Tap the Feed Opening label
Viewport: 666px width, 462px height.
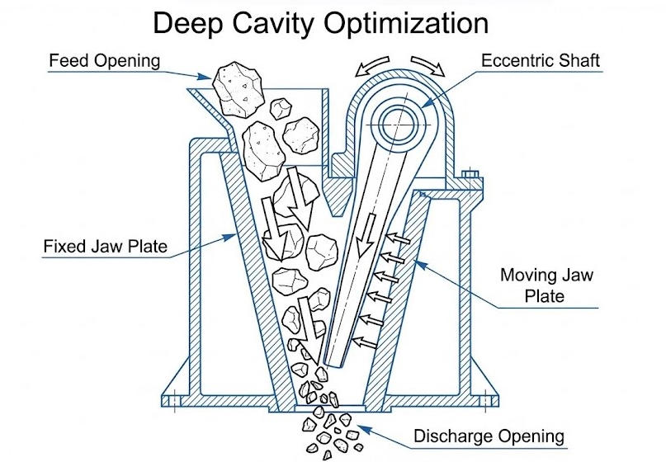(104, 63)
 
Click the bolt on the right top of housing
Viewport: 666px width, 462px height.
(470, 175)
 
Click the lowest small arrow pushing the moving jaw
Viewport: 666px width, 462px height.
(361, 339)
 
